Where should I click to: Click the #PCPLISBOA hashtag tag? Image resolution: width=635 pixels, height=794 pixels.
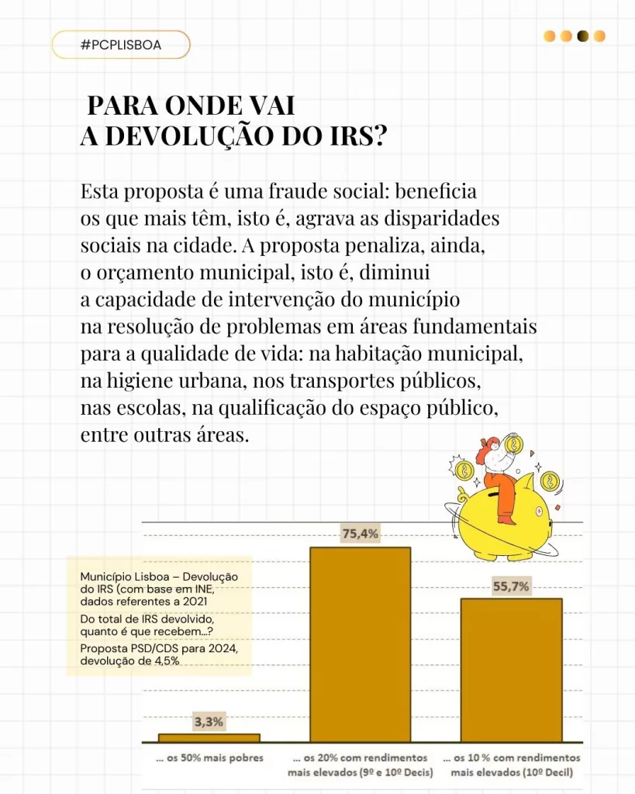tap(121, 45)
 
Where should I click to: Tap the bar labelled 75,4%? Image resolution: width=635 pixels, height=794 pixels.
tap(360, 644)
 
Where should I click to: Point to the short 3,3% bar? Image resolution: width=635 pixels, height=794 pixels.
tap(209, 737)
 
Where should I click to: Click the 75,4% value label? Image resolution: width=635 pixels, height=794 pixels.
tap(360, 533)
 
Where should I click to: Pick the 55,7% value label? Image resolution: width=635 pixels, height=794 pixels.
tap(511, 586)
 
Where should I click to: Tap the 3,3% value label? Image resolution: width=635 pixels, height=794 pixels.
tap(209, 722)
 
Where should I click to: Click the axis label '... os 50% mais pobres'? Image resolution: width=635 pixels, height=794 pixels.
tap(209, 758)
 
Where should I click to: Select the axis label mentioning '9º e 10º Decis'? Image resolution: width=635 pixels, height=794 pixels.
tap(360, 772)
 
